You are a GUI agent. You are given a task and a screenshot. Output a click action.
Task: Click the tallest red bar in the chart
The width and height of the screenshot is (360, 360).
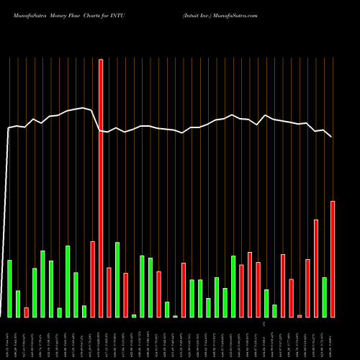click(101, 188)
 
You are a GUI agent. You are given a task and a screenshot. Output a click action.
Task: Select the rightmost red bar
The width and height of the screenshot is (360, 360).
click(333, 259)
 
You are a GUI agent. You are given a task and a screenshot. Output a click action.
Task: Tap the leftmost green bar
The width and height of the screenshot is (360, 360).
click(9, 288)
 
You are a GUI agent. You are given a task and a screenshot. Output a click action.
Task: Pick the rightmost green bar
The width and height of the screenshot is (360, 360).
click(325, 297)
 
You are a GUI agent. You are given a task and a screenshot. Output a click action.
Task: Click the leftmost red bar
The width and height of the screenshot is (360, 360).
click(26, 312)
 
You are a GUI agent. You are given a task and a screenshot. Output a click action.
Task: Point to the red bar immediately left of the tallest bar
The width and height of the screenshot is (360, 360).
click(93, 279)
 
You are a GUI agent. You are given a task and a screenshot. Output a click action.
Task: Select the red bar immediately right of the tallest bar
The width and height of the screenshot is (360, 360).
click(109, 292)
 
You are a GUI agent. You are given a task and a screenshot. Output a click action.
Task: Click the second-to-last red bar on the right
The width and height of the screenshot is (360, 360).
click(316, 268)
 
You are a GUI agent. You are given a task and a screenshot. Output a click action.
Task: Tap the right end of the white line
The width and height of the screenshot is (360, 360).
click(332, 136)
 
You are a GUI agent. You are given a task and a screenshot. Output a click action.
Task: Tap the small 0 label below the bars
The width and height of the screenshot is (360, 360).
click(264, 325)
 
